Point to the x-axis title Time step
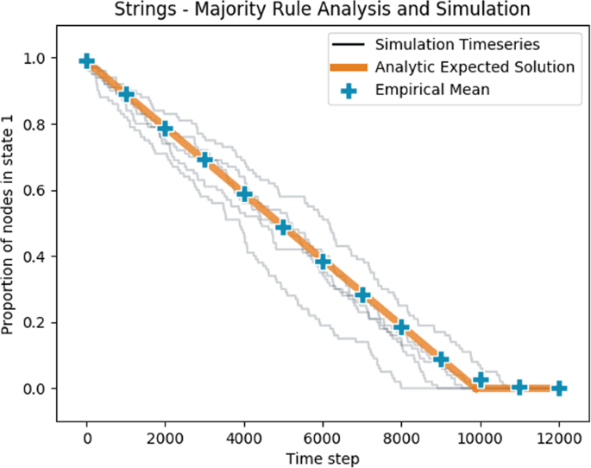coord(323,457)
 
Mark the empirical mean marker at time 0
coord(86,60)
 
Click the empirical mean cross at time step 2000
coord(165,129)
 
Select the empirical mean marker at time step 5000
coord(283,227)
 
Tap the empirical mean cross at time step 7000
coord(362,295)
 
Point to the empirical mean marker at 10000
coord(481,380)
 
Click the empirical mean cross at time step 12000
coord(559,389)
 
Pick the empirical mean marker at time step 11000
coord(519,388)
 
